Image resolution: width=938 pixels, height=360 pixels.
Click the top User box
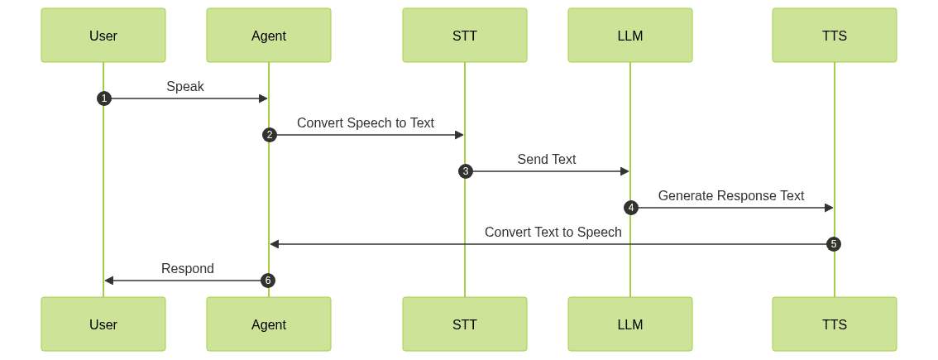pos(103,36)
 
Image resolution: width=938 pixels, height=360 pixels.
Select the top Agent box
pos(269,36)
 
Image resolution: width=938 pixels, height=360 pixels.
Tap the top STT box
pos(465,36)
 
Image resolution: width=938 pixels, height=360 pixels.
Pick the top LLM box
pos(630,36)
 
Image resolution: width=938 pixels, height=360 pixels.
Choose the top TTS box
pos(835,36)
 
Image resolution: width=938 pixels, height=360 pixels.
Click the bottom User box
pos(103,324)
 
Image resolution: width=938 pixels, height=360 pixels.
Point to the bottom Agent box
pos(269,324)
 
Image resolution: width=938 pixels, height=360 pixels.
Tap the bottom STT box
pos(465,324)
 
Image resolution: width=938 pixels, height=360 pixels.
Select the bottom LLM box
pos(630,324)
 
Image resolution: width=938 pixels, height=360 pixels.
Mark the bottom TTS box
pos(835,324)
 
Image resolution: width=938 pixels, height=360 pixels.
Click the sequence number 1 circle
pos(103,98)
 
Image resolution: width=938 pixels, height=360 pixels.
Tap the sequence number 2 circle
pos(269,135)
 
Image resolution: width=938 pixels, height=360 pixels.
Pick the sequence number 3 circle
pos(466,171)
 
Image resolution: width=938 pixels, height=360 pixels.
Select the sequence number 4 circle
pos(631,208)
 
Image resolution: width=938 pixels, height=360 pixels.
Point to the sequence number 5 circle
pos(834,244)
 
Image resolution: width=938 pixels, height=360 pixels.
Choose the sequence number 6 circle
pos(267,281)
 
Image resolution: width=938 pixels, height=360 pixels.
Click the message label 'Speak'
pos(185,86)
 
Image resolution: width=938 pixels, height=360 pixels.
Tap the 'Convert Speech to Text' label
pos(366,122)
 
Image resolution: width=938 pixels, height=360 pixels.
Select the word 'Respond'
pos(187,268)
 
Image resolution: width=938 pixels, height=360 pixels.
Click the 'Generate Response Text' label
pos(731,195)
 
